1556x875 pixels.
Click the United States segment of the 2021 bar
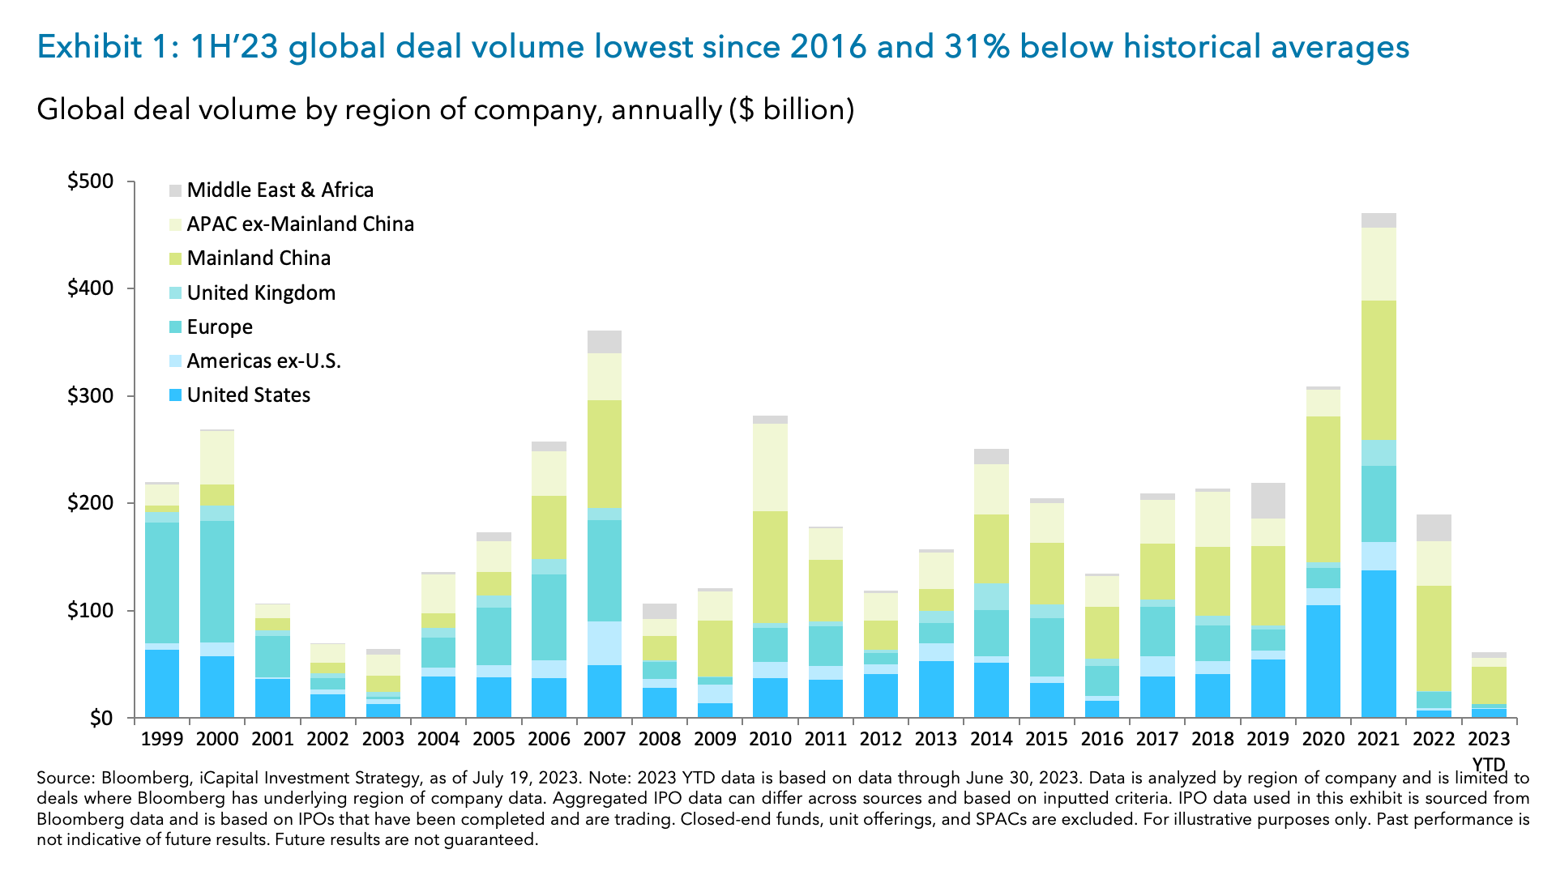pos(1379,644)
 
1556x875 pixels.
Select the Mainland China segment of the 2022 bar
pos(1434,638)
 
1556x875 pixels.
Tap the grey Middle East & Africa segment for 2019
pos(1268,501)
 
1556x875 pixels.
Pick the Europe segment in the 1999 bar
pos(162,583)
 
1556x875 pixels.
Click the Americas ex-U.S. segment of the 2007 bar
pos(605,643)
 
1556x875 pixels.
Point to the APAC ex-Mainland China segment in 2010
pos(770,467)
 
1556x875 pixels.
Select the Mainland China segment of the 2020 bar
pos(1323,489)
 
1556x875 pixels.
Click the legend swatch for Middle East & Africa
pos(176,190)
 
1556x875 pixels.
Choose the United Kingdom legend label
pos(261,293)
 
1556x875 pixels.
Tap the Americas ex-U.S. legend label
pos(263,361)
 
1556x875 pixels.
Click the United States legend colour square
pos(176,395)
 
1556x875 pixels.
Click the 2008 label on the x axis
pos(660,739)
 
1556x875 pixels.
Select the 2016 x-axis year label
pos(1102,739)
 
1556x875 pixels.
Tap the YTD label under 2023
pos(1489,764)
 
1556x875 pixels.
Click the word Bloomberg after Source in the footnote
pos(145,778)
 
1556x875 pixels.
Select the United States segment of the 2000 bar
pos(217,687)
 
